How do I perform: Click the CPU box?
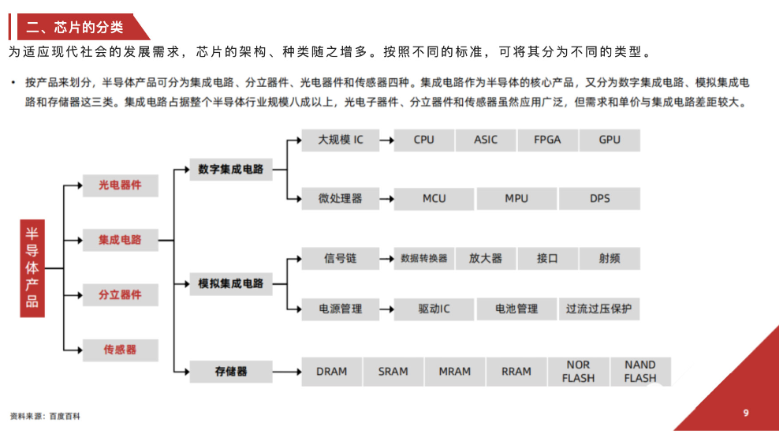coord(423,140)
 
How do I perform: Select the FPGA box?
coord(547,140)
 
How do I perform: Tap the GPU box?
coord(610,140)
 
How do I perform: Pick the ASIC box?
coord(486,140)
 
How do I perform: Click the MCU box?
coord(434,198)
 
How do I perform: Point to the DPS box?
coord(599,198)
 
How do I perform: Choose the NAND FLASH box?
coord(640,372)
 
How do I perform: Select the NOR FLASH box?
coord(578,372)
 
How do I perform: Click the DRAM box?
coord(331,372)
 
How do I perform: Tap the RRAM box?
coord(516,372)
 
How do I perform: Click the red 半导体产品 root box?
coord(32,268)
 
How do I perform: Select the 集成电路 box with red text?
coord(120,240)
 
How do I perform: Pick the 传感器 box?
coord(120,350)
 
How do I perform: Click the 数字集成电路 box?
coord(231,169)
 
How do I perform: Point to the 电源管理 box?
coord(341,309)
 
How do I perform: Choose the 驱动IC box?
coord(434,309)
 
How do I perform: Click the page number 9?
coord(746,413)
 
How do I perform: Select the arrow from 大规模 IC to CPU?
coord(386,140)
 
